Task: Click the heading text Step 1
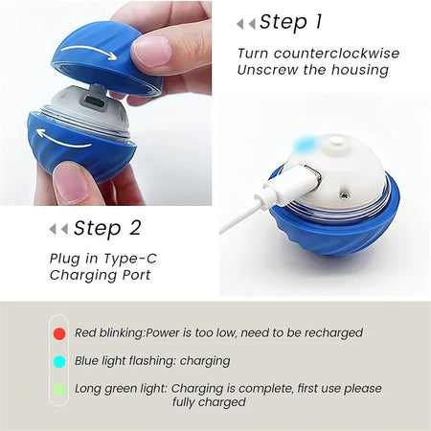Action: click(291, 22)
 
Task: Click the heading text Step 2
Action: click(106, 228)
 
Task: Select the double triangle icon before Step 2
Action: click(58, 229)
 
